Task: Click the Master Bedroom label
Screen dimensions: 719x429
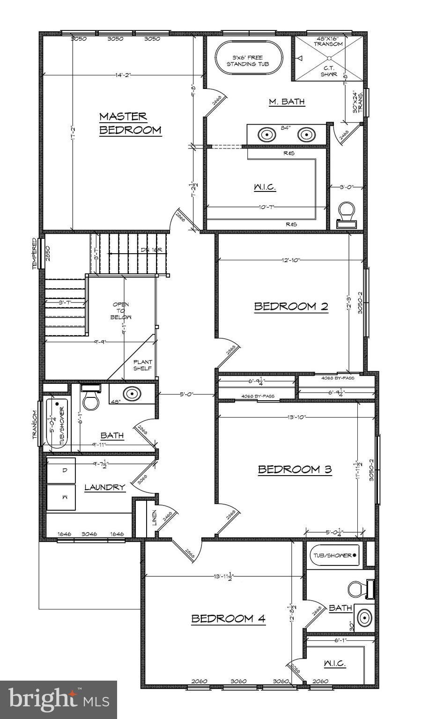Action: click(x=130, y=123)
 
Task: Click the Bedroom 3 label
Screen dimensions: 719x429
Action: click(x=295, y=469)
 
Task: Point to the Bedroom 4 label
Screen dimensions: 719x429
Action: click(x=228, y=618)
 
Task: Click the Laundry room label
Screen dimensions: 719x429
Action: click(x=104, y=487)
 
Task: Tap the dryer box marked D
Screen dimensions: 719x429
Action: click(x=61, y=470)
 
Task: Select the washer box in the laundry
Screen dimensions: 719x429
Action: click(x=61, y=497)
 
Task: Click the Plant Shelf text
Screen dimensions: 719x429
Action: click(x=142, y=365)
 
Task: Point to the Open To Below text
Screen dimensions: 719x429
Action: click(x=121, y=311)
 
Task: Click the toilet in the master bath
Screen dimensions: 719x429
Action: click(x=347, y=213)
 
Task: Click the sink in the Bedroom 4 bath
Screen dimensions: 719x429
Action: click(x=364, y=618)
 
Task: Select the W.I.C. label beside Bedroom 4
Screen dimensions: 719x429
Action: click(x=334, y=663)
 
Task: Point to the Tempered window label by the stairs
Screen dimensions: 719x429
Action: click(x=35, y=253)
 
